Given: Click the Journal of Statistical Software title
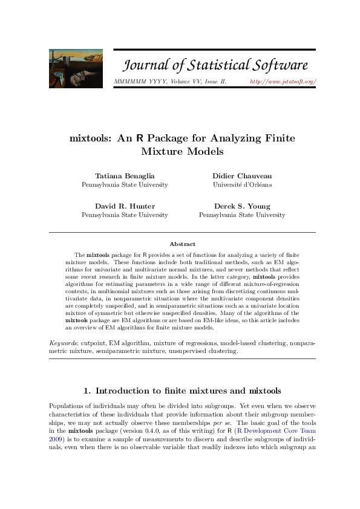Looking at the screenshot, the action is point(215,65).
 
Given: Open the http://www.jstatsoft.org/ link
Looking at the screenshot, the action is point(283,81).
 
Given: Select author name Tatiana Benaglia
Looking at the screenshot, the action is point(125,175).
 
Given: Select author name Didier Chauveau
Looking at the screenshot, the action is point(242,175).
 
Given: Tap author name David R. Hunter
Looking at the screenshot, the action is point(125,206).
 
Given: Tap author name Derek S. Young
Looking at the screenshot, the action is point(242,206).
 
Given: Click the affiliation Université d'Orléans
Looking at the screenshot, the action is point(242,184).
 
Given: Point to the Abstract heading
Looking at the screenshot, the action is point(182,244).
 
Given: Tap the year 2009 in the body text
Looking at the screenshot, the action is point(56,440).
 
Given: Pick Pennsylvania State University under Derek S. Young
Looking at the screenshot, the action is point(242,215).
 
